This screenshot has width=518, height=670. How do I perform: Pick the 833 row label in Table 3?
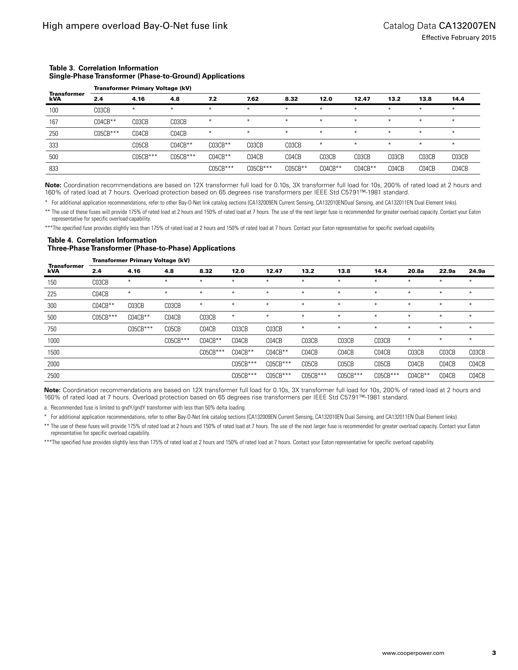point(54,168)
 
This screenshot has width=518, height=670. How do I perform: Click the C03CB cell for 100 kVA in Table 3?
point(102,110)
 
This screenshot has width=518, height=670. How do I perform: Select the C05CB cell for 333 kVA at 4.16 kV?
point(140,145)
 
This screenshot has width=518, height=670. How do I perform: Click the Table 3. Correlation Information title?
point(104,68)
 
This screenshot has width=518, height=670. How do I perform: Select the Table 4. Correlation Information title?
point(102,240)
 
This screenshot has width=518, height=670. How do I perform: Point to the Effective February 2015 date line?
point(459,38)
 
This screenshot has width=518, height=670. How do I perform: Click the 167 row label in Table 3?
point(54,122)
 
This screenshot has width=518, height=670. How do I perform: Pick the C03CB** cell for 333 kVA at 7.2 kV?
point(219,145)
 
